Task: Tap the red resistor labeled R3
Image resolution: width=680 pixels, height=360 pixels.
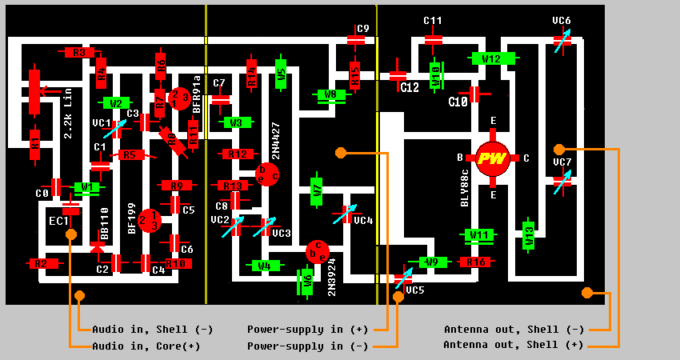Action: point(78,53)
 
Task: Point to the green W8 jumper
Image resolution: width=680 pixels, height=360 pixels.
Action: point(330,94)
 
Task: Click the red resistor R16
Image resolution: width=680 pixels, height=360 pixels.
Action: point(475,262)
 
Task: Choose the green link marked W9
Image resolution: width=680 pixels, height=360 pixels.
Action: point(432,262)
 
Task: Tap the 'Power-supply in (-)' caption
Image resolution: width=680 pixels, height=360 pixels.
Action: point(307,346)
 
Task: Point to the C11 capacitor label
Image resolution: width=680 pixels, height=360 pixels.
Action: point(433,21)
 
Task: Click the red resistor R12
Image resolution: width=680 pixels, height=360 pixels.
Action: point(238,154)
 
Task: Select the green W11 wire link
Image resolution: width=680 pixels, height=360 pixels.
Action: point(479,235)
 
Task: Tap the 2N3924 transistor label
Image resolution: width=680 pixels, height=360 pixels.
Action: point(331,277)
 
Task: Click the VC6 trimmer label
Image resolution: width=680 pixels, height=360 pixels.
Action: point(562,21)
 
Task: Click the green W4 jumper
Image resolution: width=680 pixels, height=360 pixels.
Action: point(264,265)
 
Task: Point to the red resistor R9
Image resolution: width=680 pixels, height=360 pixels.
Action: point(175,186)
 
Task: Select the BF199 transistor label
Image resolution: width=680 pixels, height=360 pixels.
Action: point(132,218)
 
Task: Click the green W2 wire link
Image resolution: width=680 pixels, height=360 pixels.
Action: point(116,102)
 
